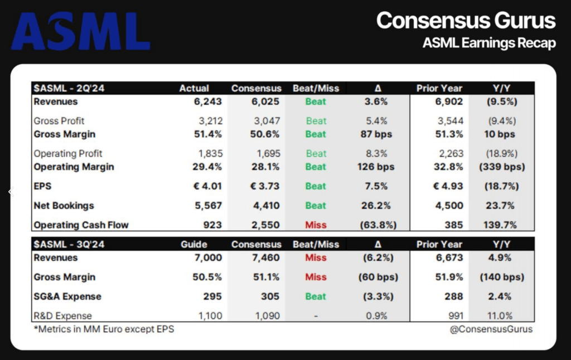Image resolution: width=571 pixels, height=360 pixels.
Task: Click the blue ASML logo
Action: (x=80, y=31)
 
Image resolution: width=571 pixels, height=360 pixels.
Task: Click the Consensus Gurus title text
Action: (x=466, y=21)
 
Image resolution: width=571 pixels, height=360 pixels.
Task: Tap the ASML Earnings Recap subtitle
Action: (x=489, y=43)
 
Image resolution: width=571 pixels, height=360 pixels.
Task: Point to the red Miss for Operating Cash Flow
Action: (x=316, y=225)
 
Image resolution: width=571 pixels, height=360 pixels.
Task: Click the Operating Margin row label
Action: (x=74, y=167)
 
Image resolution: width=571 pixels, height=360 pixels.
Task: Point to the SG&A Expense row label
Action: (x=68, y=296)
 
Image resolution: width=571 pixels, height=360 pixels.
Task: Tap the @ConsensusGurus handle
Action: (x=491, y=329)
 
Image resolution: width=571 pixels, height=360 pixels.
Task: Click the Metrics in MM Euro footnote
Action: (x=104, y=329)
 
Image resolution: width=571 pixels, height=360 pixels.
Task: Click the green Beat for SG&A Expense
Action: (x=316, y=296)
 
